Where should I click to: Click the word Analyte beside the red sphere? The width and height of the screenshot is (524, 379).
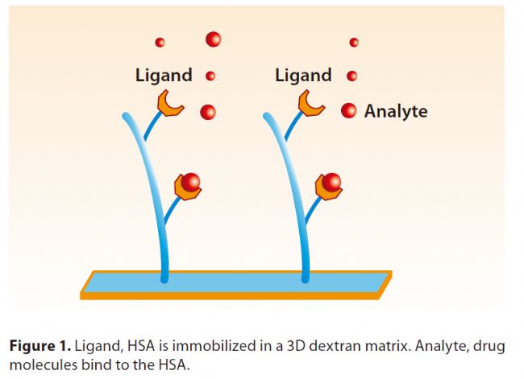[x=396, y=111]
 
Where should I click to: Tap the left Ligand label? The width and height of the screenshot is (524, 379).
[x=164, y=75]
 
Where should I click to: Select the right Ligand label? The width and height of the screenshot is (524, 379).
[x=303, y=75]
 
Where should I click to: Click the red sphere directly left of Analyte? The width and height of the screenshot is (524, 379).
[x=348, y=110]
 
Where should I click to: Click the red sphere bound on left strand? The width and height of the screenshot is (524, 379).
[x=191, y=182]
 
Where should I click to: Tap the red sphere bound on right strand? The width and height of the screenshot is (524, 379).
[x=331, y=182]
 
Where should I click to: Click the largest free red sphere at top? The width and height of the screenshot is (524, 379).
[x=213, y=39]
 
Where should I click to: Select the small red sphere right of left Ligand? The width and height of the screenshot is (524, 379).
[x=210, y=76]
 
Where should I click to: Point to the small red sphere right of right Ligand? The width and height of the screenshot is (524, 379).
[x=352, y=76]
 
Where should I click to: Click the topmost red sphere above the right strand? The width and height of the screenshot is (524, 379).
[x=354, y=43]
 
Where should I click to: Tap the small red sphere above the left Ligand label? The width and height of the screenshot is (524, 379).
[x=160, y=43]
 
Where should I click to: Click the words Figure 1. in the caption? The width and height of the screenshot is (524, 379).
[x=40, y=346]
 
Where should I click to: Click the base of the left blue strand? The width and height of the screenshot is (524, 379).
[x=164, y=279]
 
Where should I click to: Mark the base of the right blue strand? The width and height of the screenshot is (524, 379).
[x=305, y=279]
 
